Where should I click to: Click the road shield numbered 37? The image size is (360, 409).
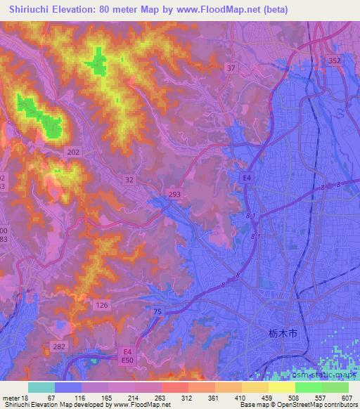click(231, 67)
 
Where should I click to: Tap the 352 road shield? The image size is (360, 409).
click(335, 61)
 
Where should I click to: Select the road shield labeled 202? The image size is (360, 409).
click(74, 152)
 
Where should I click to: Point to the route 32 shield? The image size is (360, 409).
click(129, 179)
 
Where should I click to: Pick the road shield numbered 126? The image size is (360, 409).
click(102, 304)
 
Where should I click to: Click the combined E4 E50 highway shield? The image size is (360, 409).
click(127, 354)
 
